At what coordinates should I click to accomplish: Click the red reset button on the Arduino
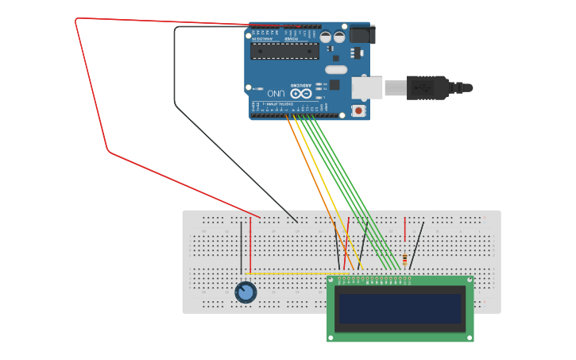(358, 110)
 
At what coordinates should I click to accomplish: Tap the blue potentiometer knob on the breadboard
(245, 292)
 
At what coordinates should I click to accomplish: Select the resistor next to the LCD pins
(405, 260)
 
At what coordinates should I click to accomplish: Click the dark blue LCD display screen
(400, 308)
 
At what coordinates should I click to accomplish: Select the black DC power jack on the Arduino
(361, 34)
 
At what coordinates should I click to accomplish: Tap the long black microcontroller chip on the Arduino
(284, 52)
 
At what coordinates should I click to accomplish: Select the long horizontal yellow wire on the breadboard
(294, 274)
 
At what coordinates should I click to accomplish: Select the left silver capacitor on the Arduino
(326, 37)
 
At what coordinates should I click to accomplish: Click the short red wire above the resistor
(405, 229)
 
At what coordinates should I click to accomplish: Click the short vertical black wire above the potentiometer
(242, 248)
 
